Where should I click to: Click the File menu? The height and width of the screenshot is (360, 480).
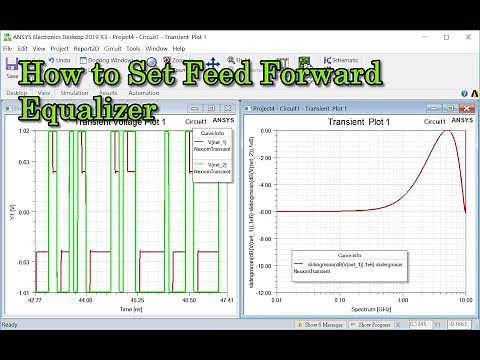tap(8, 48)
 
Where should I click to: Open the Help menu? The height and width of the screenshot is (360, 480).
tap(179, 48)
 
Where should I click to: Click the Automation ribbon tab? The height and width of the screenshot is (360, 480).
tap(143, 93)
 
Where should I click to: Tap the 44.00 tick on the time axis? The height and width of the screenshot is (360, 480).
tap(86, 300)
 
